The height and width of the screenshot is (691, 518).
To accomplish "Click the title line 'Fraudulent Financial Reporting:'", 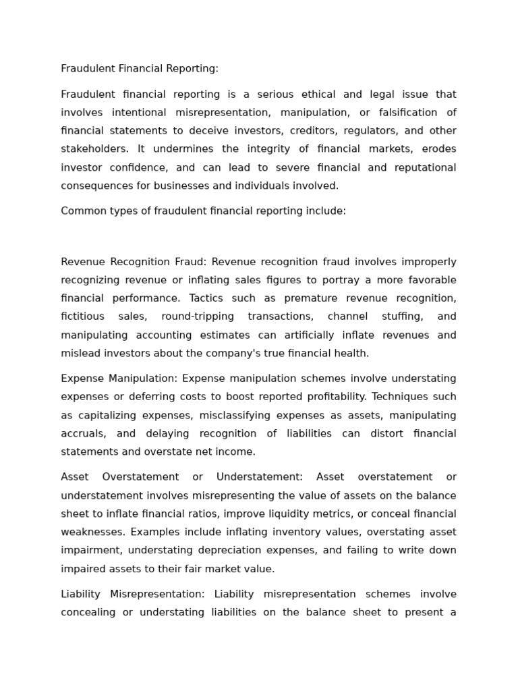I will [140, 69].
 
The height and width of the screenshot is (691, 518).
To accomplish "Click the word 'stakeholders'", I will [92, 149].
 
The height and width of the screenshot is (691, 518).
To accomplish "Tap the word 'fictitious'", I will [82, 316].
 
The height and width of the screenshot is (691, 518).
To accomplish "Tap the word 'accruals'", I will [83, 433].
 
